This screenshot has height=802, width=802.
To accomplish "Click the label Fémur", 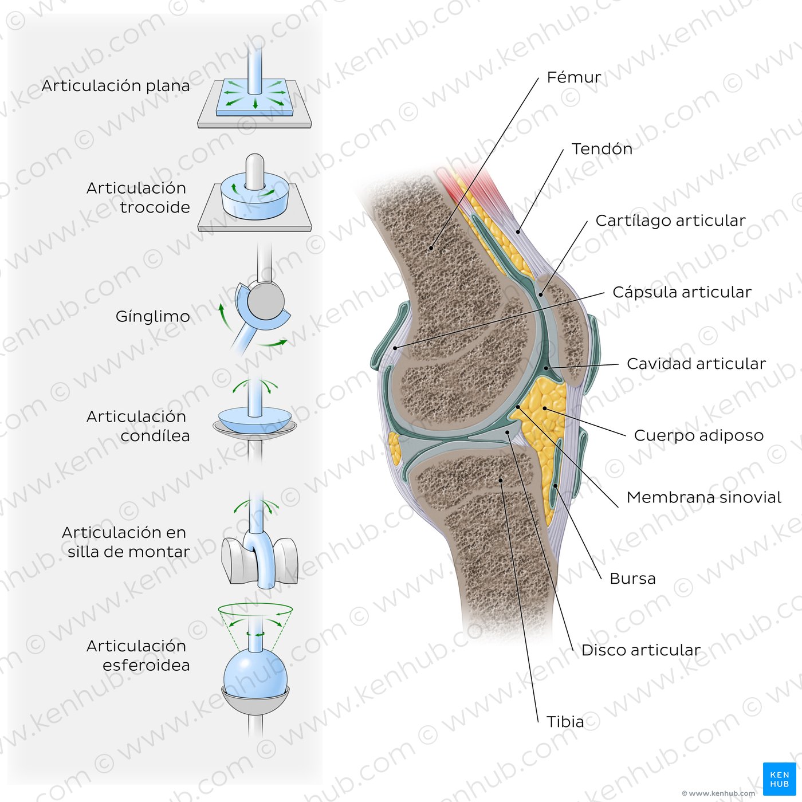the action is click(573, 77).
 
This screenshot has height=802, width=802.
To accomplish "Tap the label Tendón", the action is click(602, 149).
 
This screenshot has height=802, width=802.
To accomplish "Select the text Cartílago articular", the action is click(670, 221).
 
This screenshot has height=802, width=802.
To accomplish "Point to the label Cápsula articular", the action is click(682, 292).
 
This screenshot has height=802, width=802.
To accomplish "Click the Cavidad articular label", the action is click(696, 364).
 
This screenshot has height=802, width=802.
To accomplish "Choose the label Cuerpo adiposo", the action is click(699, 435).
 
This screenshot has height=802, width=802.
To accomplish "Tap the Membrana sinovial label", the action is click(704, 497).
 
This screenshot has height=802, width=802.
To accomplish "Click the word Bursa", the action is click(632, 579).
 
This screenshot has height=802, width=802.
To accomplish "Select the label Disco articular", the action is click(641, 650).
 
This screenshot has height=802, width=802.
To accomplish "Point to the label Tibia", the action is click(565, 722).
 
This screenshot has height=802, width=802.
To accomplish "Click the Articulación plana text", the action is click(116, 86).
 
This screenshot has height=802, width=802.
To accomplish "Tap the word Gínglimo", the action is click(153, 317).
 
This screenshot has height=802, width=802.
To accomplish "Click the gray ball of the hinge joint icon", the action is click(266, 301).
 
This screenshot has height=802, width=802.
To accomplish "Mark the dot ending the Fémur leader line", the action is click(431, 248).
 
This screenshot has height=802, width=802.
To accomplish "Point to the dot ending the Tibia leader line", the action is click(501, 480).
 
